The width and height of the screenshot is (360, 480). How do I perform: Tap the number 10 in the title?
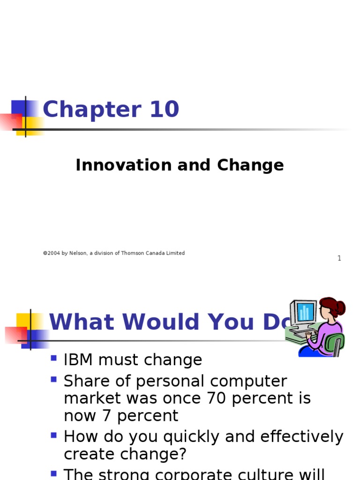tap(165, 110)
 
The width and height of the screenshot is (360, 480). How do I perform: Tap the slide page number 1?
tap(339, 258)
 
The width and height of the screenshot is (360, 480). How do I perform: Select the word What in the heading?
tap(82, 322)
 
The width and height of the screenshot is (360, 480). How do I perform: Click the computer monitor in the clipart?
tap(304, 313)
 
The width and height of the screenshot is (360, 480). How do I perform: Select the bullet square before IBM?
tap(54, 359)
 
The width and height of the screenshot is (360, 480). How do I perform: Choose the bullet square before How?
tap(54, 435)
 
